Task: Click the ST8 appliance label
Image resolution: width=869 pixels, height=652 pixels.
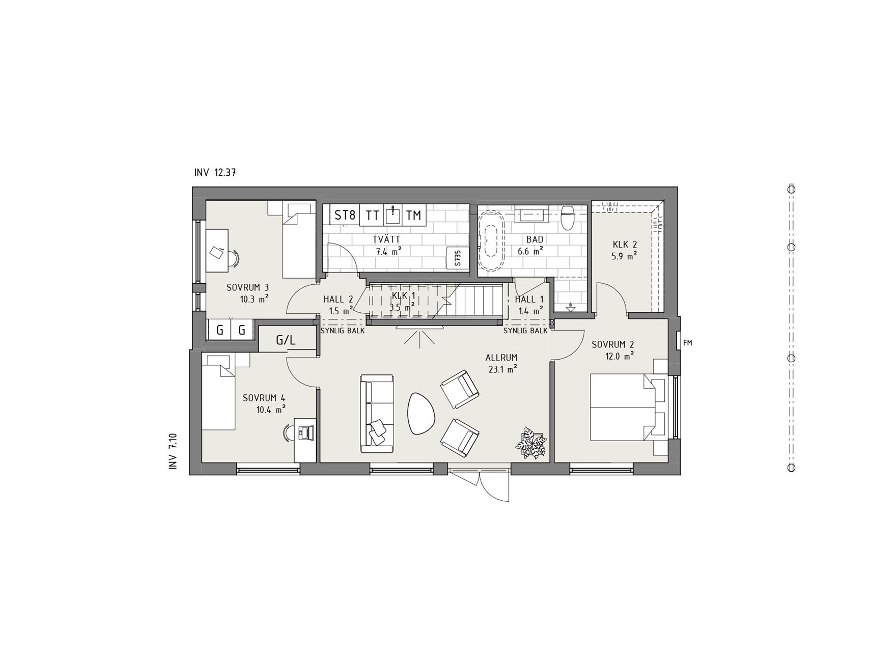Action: click(345, 215)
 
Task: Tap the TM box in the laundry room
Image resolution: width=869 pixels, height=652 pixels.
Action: click(414, 215)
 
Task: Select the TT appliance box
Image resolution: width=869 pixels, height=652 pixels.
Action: click(373, 215)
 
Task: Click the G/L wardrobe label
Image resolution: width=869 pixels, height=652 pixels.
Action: click(286, 340)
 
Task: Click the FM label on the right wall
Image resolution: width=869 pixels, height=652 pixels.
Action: click(688, 343)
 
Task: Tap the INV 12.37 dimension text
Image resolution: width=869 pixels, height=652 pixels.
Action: click(214, 173)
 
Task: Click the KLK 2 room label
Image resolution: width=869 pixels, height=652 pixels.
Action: click(624, 244)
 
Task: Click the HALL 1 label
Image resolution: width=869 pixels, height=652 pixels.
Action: click(529, 300)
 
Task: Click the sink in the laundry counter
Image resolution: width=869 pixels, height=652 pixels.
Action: click(393, 215)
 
